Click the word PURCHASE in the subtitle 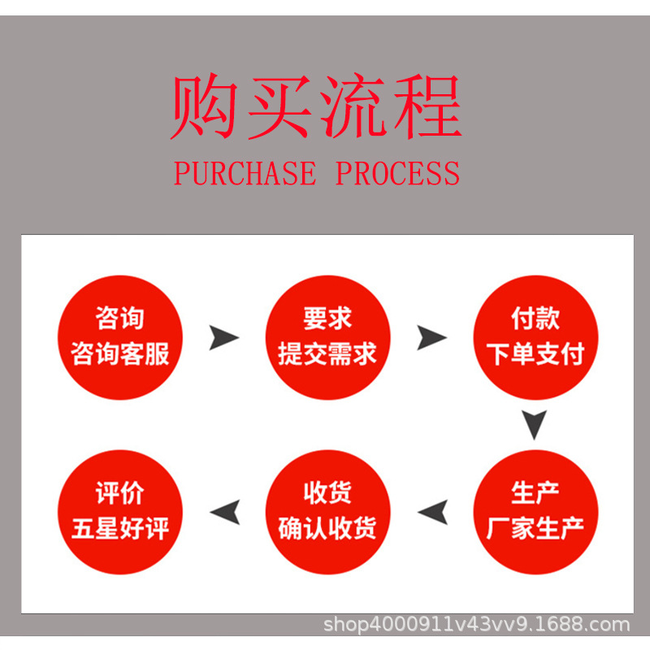click(245, 173)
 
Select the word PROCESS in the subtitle click(398, 173)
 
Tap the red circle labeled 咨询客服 click(120, 337)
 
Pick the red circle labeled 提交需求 click(327, 337)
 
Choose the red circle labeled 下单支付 click(535, 337)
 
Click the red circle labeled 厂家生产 click(535, 512)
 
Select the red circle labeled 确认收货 click(327, 512)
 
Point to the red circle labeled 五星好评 click(120, 512)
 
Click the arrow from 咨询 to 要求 click(223, 337)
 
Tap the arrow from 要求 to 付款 click(431, 337)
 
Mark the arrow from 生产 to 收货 click(432, 512)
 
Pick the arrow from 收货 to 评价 click(224, 512)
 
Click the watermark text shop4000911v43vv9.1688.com click(477, 625)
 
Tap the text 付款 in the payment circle click(535, 319)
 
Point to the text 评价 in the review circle click(120, 494)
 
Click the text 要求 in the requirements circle click(327, 319)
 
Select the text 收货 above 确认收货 click(327, 494)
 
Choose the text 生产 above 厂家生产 click(535, 494)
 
